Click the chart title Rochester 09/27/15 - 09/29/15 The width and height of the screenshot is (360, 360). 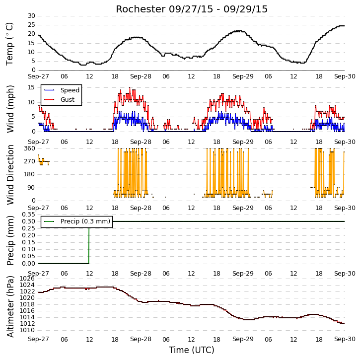(x=192, y=9)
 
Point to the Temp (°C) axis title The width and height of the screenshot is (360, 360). (x=9, y=44)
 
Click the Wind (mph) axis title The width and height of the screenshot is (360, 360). (x=10, y=109)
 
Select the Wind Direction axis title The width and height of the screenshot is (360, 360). (x=10, y=174)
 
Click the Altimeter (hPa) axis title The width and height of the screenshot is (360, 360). (x=10, y=306)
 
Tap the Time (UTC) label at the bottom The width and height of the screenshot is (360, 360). (x=192, y=350)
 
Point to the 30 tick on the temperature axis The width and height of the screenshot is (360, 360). (x=31, y=16)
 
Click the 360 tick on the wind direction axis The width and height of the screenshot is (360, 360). (x=30, y=148)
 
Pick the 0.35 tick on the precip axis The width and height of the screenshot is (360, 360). (x=28, y=215)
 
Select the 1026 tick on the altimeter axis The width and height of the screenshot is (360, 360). (x=27, y=279)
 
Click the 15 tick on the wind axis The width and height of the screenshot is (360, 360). (x=31, y=87)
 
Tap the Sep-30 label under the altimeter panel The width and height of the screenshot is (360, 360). (x=345, y=339)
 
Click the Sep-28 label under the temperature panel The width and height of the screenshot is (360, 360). (x=141, y=76)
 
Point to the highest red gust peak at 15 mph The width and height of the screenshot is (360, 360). (x=130, y=88)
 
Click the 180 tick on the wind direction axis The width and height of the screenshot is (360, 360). (x=30, y=174)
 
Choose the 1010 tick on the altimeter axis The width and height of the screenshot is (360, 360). (x=27, y=330)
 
